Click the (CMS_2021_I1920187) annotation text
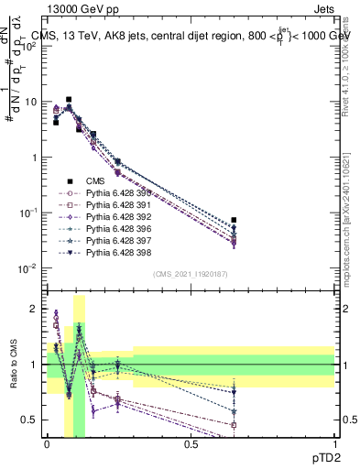point(191,274)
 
